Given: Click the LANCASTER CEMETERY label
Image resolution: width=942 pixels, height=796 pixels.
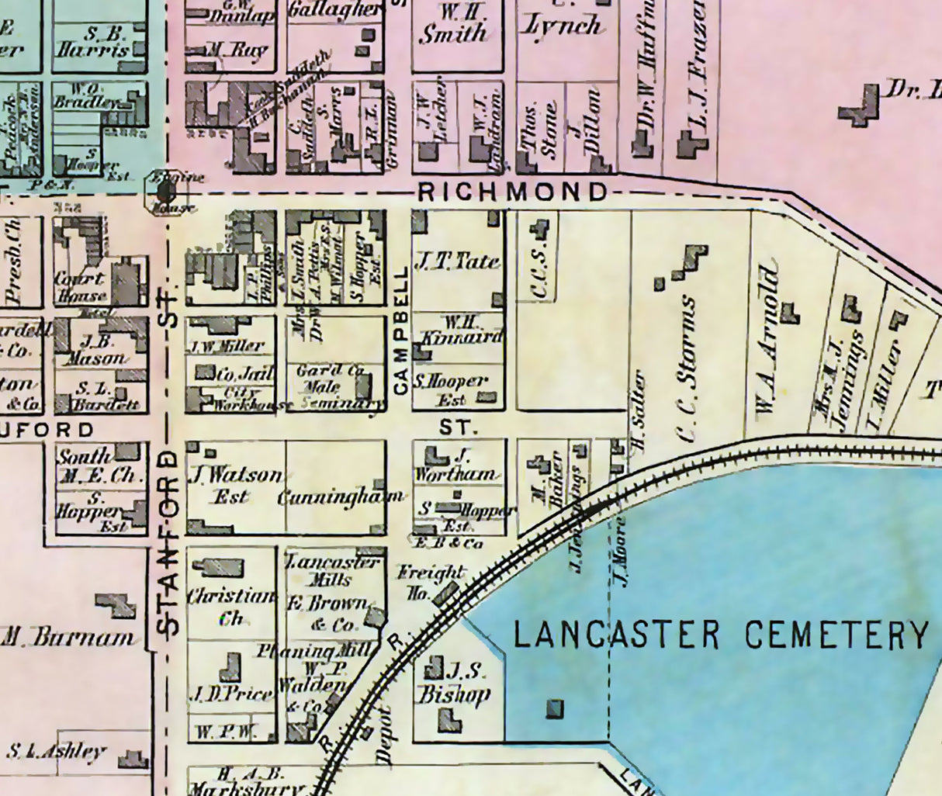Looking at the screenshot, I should coord(721,635).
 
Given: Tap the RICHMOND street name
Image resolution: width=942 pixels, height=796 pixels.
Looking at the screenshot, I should coord(512,192).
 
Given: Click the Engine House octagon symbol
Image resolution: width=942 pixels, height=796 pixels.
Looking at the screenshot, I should coord(165,191).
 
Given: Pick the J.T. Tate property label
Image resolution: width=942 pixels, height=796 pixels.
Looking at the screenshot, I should coord(457,261).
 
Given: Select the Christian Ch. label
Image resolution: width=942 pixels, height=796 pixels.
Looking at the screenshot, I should coord(231,606).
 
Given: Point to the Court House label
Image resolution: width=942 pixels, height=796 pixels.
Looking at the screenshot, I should coord(81,287).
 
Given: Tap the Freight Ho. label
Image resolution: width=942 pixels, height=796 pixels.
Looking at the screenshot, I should coord(429,582).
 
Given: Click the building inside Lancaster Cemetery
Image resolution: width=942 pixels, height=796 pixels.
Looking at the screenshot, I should coord(556,708).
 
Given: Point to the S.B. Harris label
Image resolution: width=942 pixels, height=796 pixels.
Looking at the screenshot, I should coord(92,43).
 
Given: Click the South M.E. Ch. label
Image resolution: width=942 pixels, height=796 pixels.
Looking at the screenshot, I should coord(97,466).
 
